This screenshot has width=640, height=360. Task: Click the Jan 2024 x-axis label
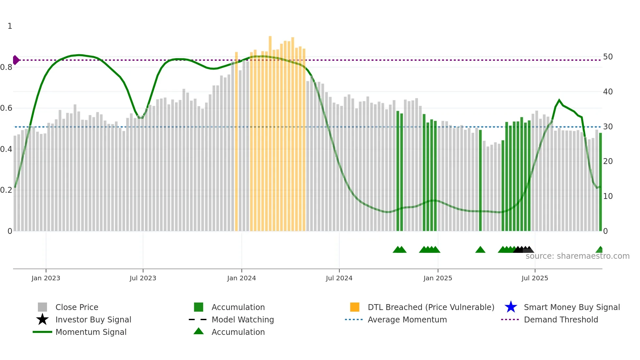point(241,278)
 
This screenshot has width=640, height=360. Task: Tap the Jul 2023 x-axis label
point(143,278)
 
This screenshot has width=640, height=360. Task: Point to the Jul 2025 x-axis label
point(535,278)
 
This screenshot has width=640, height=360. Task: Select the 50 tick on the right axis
point(608,57)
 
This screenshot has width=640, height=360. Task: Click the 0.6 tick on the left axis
point(6,108)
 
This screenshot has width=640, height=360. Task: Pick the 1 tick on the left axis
point(10,26)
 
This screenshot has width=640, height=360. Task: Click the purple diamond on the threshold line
point(16,60)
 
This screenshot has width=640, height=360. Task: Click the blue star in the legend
point(511,307)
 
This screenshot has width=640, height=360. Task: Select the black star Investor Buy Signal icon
point(42,319)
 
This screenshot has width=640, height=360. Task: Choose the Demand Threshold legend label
point(561,319)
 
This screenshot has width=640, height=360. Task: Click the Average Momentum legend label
point(407,319)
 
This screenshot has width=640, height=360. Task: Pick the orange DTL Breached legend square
point(355,307)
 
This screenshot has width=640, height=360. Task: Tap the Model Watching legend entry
point(243,319)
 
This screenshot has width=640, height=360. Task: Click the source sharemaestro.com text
point(577,256)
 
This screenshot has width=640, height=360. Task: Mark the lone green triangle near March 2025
point(480,250)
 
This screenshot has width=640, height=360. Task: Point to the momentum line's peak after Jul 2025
point(559,100)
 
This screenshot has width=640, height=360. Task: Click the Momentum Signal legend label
point(91,332)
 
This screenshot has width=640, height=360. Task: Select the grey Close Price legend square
point(42,307)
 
